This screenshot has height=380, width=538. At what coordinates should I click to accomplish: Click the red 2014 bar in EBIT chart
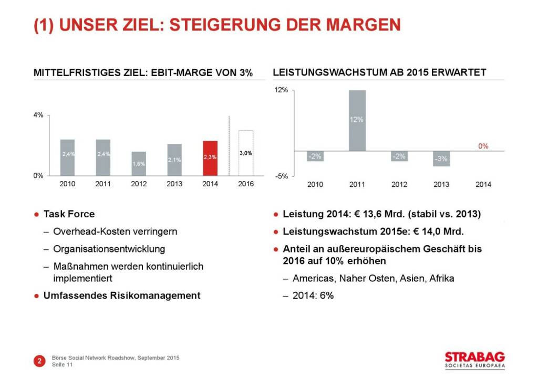click(x=210, y=158)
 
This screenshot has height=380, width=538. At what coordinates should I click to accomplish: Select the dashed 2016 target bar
click(x=246, y=153)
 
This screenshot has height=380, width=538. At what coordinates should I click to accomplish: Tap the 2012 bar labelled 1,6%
click(x=139, y=164)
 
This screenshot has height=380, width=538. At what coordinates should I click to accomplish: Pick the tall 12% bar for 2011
click(x=357, y=120)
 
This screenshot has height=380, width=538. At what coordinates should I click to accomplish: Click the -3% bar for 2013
click(x=441, y=159)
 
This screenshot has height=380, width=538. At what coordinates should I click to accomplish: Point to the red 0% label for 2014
click(x=483, y=146)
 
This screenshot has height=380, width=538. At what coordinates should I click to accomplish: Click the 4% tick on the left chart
click(x=38, y=115)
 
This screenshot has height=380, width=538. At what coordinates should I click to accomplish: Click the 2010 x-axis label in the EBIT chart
click(x=67, y=184)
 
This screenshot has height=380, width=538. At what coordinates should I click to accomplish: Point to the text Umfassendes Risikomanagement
click(x=121, y=295)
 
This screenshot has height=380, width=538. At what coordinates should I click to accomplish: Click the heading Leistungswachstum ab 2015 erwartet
click(x=379, y=72)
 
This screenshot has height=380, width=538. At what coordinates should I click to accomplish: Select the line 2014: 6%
click(x=313, y=295)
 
